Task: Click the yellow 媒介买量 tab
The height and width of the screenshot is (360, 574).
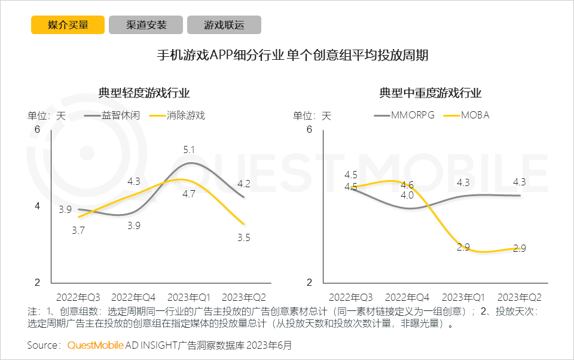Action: [68, 25]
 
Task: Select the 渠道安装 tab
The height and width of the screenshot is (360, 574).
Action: [146, 25]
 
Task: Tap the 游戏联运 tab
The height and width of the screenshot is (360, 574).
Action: [224, 25]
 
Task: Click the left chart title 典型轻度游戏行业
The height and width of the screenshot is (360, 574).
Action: [144, 93]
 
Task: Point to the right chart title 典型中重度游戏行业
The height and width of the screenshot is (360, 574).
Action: [430, 93]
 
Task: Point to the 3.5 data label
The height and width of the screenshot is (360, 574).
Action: [243, 237]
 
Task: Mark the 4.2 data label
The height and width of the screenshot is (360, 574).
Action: [243, 184]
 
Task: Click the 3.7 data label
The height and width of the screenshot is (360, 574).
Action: [78, 230]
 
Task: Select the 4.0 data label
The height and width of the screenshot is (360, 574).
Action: [407, 195]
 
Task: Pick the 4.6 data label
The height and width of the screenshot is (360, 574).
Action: [407, 185]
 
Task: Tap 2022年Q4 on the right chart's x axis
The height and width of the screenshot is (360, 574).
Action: [407, 297]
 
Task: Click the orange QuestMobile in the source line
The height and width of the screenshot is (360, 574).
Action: [95, 346]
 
